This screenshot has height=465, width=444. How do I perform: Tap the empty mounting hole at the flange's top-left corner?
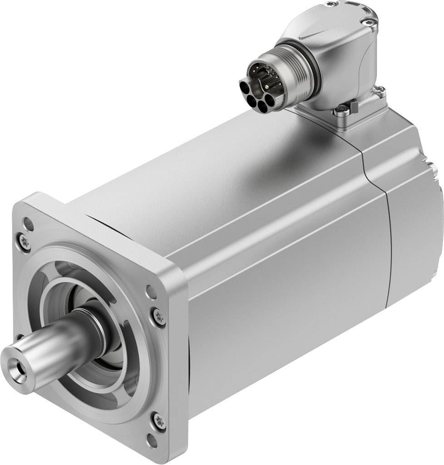pos(28,222)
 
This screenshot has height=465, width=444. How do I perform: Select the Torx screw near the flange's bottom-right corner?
pos(158,420)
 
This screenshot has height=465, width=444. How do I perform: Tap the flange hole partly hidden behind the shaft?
pos(19,338)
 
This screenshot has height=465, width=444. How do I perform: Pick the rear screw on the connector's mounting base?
pos(381,92)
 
